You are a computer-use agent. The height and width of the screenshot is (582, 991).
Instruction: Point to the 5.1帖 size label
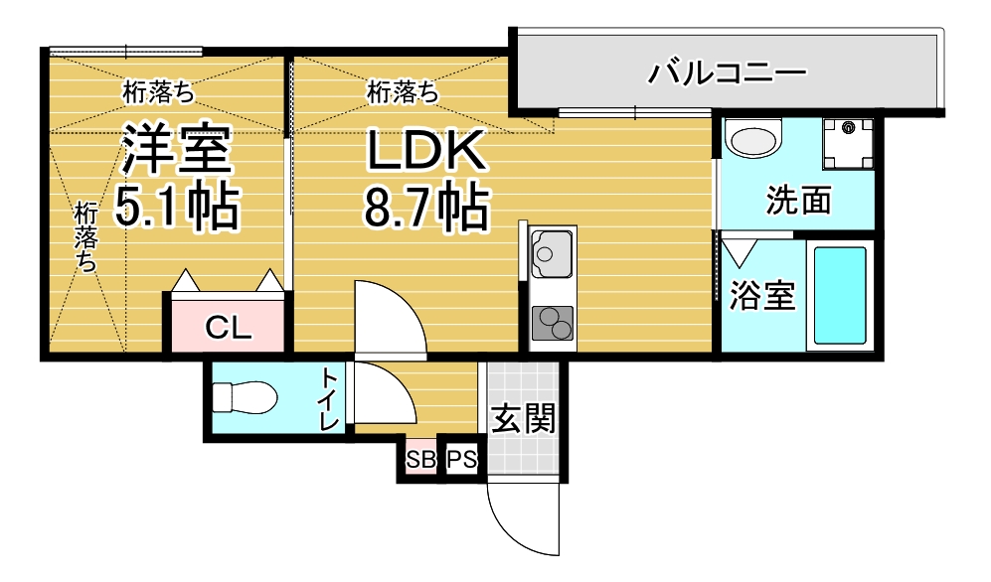[177, 207]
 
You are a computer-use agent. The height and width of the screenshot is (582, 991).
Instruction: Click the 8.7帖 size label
[426, 207]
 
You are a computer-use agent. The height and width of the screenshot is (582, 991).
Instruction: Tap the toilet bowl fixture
[245, 397]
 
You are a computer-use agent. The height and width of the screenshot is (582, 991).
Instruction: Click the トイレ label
[330, 398]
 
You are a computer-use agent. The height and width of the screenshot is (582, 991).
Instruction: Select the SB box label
[420, 461]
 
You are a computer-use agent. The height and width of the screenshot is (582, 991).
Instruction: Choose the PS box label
[460, 461]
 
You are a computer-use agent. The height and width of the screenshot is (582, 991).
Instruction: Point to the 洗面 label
[798, 202]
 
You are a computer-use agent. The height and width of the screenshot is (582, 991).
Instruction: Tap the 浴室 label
[762, 295]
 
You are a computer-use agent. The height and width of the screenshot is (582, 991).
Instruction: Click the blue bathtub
[841, 295]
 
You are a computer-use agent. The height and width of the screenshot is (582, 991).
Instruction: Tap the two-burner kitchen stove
[552, 323]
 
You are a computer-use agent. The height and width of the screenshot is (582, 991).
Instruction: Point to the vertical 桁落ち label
[86, 237]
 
